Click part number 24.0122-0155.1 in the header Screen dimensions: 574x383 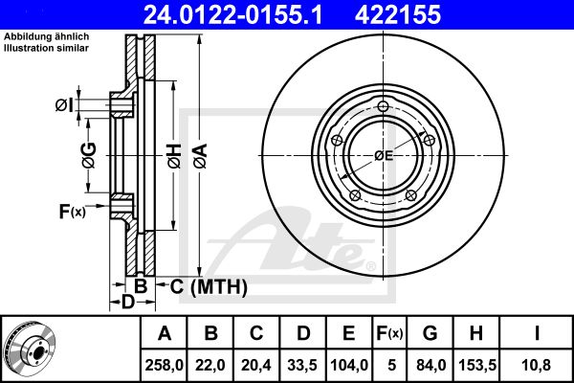tap(232, 14)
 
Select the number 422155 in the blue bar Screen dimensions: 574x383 tap(398, 14)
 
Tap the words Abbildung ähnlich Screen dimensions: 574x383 tap(47, 36)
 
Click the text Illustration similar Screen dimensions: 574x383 tap(46, 48)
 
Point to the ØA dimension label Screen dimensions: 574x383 tap(201, 156)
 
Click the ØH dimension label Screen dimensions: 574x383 tap(175, 156)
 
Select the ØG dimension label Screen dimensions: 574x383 tap(89, 155)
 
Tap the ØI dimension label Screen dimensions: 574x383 tap(64, 105)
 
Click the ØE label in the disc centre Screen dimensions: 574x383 tap(384, 156)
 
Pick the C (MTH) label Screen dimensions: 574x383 tap(209, 286)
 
